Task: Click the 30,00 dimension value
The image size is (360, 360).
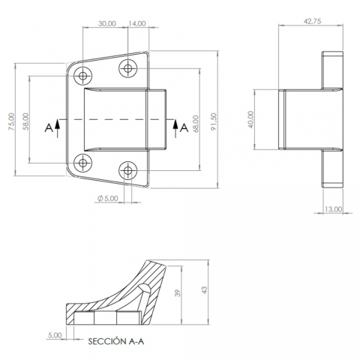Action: [x=107, y=23]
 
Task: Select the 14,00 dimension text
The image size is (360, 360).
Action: [x=137, y=23]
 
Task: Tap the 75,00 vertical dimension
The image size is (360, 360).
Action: [x=12, y=121]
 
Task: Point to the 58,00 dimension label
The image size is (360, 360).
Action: [x=25, y=121]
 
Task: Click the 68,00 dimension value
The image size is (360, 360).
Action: [x=196, y=124]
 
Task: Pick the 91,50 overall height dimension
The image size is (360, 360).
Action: [x=214, y=121]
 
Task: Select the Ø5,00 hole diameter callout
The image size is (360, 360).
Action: [x=108, y=199]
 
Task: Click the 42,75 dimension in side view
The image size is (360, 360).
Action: [x=312, y=21]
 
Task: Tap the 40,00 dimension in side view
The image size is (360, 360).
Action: [x=251, y=119]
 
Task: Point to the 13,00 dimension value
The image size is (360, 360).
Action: [x=333, y=208]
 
